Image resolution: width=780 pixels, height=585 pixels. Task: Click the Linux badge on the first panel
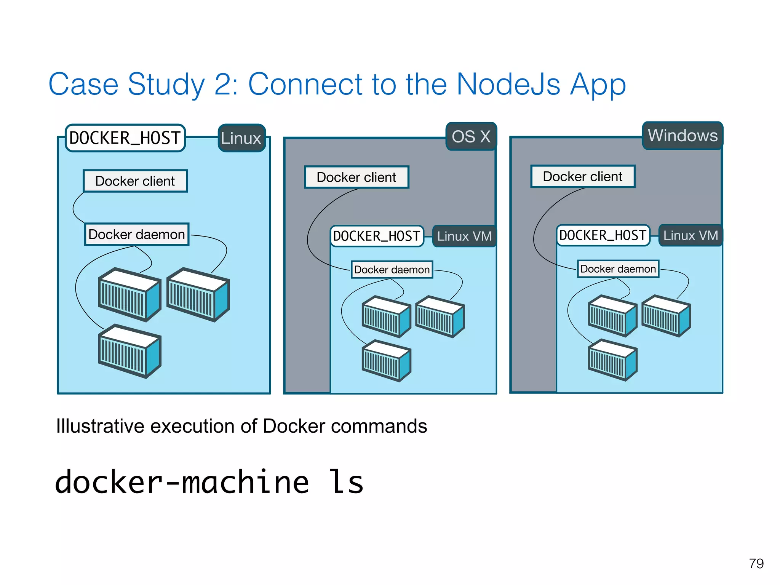coord(241,138)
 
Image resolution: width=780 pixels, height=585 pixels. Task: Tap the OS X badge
coord(471,136)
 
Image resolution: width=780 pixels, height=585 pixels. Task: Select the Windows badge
coord(682,136)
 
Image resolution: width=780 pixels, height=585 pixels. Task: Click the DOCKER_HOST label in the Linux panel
coord(125,138)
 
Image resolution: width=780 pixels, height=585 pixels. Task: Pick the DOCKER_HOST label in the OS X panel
coord(377,236)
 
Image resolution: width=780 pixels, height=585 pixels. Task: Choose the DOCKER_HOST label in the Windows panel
coord(603,235)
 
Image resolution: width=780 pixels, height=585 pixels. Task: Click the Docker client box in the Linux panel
coord(135,181)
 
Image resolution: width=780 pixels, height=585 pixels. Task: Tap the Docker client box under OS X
coord(356,177)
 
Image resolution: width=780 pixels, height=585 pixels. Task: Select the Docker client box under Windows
coord(583,176)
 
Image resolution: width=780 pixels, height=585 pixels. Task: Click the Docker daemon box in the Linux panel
coord(137,234)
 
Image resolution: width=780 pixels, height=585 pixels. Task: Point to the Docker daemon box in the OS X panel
coord(392,270)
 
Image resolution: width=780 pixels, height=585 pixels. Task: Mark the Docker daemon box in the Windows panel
coord(618,269)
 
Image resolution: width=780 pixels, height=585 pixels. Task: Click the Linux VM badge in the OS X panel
coord(464,236)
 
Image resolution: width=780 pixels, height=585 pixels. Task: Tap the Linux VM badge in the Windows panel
coord(690,235)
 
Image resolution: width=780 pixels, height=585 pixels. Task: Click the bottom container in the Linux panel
coord(129,351)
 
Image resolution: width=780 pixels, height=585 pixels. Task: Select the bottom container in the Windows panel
coord(612,360)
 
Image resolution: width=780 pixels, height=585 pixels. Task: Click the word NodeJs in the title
coord(508,85)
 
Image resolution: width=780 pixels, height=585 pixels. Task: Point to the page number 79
coord(756,563)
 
